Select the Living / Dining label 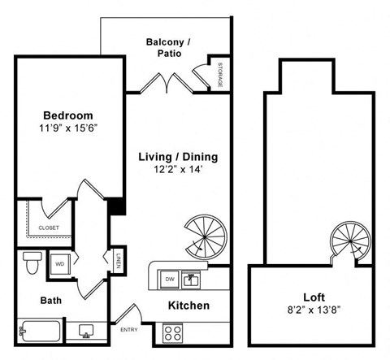[x=176, y=157]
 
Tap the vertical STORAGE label [x=220, y=75]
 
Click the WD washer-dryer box [x=61, y=263]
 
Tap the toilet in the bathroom [x=32, y=262]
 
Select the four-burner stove [x=172, y=332]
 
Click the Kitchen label [x=188, y=306]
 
